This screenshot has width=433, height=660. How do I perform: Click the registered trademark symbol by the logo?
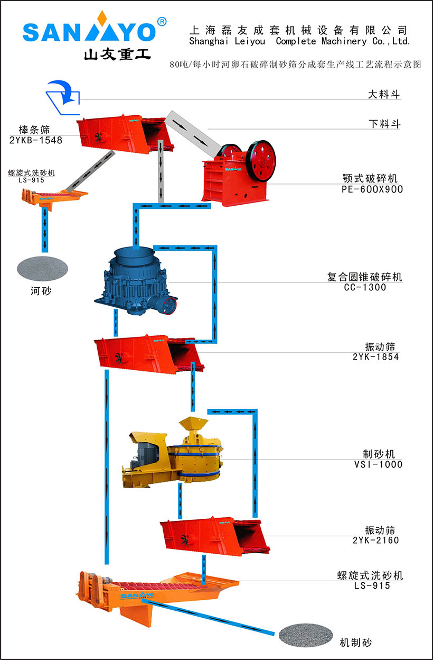point(162,21)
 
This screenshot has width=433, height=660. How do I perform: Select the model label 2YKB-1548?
point(36,141)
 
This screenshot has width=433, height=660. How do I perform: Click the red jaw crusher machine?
point(238,172)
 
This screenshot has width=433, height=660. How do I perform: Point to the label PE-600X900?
point(372,189)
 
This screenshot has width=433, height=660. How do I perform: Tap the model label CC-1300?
point(365,288)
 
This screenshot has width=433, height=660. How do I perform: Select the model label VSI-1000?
point(378,464)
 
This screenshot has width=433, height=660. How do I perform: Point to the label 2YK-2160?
point(375,540)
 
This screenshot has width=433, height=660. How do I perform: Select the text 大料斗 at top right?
point(384,95)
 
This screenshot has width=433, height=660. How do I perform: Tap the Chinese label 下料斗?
point(384,124)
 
